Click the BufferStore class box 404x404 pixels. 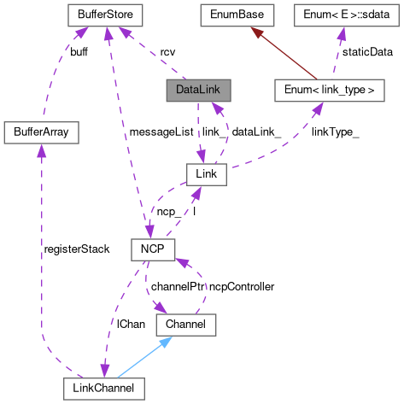click(105, 15)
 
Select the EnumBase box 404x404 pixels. click(236, 15)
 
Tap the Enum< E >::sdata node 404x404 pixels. click(342, 15)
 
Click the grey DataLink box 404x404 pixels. click(198, 90)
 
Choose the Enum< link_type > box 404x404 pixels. click(323, 90)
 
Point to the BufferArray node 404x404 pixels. click(41, 132)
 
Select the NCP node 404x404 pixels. click(152, 249)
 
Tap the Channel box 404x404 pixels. click(185, 325)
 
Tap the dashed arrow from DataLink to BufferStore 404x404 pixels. click(154, 55)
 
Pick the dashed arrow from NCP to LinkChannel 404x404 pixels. click(120, 316)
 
